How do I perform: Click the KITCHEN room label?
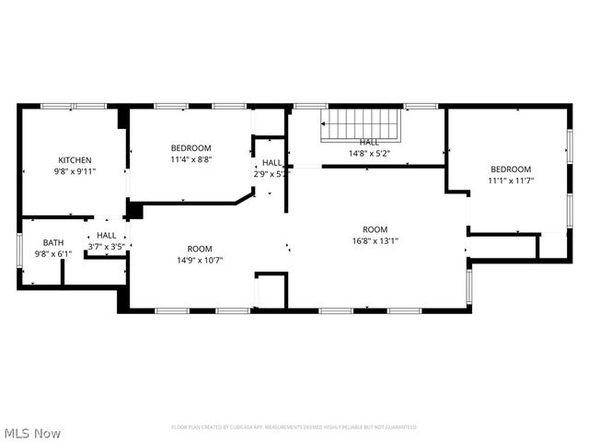coord(75,159)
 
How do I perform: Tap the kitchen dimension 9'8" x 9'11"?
coord(75,171)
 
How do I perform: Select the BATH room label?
coord(52,242)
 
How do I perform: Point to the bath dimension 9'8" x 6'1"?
coord(52,254)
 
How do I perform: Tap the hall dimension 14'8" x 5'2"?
coord(369,154)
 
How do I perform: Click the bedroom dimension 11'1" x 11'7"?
coord(510,181)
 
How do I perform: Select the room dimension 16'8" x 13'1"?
coord(375,241)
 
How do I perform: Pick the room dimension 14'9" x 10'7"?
coord(200,261)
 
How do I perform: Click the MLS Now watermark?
coord(32,432)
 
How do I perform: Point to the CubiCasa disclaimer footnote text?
coord(294,427)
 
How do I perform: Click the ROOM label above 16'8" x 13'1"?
coord(375,229)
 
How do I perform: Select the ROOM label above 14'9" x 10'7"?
coord(200,249)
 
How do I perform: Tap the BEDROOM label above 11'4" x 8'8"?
coord(191,148)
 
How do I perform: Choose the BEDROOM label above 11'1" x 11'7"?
coord(510,169)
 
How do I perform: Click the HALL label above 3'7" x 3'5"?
coord(107,235)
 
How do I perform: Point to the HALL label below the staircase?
coord(369,142)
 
